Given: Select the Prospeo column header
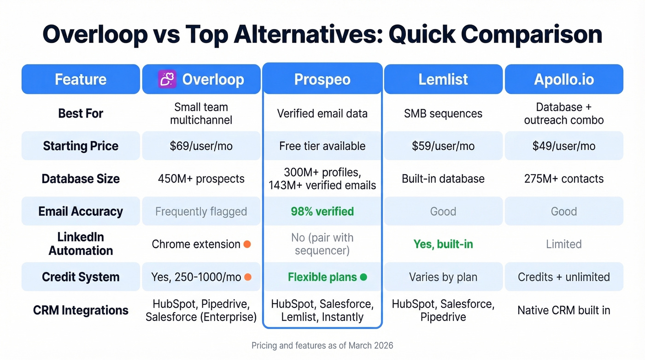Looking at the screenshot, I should click(322, 79).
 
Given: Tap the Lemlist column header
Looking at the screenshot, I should click(443, 79).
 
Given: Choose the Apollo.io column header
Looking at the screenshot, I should click(563, 79).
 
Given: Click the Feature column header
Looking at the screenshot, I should click(81, 79).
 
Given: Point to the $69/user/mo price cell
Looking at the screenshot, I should click(201, 146).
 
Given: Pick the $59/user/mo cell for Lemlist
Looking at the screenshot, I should click(443, 146).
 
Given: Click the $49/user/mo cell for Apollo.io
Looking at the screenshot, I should click(563, 146).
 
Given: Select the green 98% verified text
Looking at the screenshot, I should click(322, 212).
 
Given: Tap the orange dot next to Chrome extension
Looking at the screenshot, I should click(247, 244).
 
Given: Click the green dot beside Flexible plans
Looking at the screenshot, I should click(363, 277).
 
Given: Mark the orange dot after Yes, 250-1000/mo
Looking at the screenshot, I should click(248, 277).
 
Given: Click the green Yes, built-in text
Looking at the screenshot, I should click(443, 244).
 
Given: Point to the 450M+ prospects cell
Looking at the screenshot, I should click(201, 179).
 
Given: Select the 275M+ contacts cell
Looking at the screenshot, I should click(563, 179).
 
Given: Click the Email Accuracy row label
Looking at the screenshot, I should click(81, 212).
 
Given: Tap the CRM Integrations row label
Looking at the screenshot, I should click(81, 310).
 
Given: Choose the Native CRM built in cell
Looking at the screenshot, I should click(563, 310).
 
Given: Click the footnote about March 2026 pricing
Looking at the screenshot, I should click(322, 345).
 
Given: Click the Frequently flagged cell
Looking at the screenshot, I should click(201, 212).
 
